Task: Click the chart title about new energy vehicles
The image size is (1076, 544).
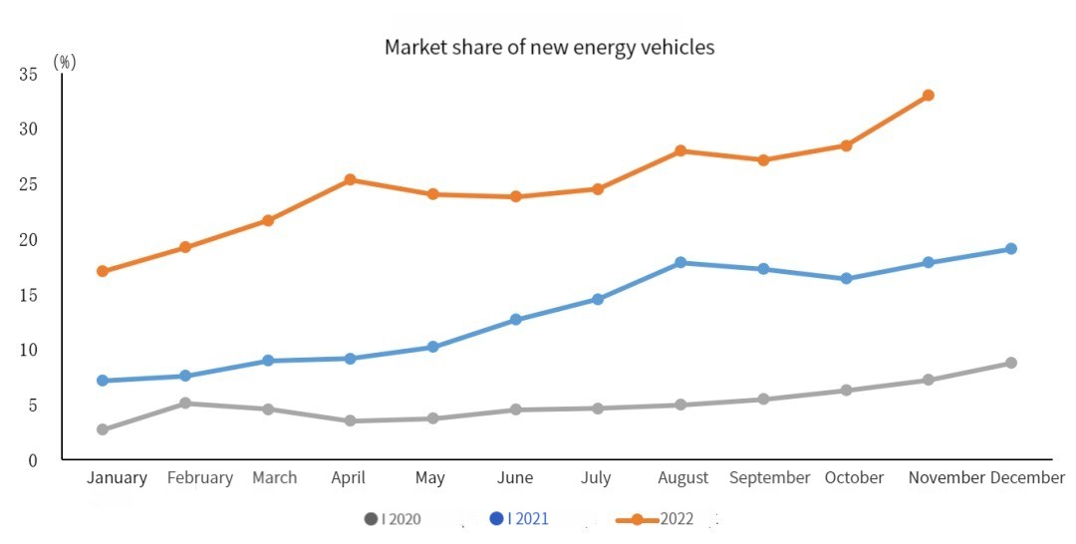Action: [549, 47]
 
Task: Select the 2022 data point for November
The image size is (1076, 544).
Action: [928, 96]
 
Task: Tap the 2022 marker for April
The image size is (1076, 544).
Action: [350, 180]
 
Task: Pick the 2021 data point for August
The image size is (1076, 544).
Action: [680, 263]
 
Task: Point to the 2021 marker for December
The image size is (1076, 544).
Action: [1010, 249]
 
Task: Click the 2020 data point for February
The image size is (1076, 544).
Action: [185, 404]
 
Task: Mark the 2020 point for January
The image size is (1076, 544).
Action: [103, 429]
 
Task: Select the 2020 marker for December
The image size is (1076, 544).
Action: [1010, 363]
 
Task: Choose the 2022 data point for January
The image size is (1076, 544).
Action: [103, 271]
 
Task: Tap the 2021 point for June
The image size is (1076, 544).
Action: [515, 320]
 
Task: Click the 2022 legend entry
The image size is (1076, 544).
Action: [668, 519]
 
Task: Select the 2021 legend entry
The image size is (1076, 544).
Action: [519, 519]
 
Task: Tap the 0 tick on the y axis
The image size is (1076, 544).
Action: [33, 460]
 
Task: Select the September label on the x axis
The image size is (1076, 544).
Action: [769, 478]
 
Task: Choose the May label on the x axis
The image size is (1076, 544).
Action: [429, 478]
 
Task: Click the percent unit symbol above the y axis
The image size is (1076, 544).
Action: [65, 62]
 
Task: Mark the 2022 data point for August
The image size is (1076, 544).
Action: [680, 151]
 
